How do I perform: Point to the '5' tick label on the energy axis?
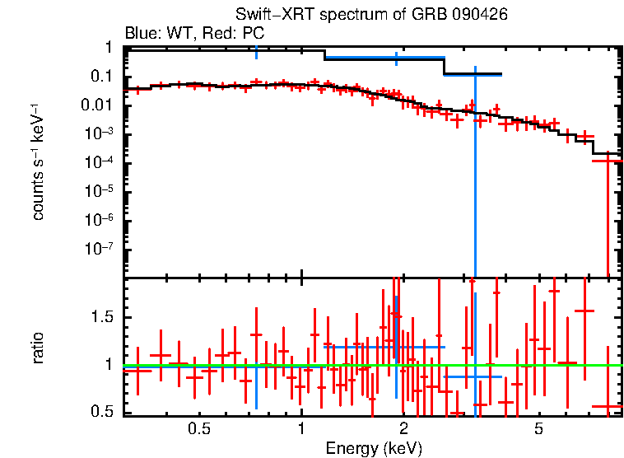coord(539,430)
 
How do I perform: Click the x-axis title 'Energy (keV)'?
coord(373,448)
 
